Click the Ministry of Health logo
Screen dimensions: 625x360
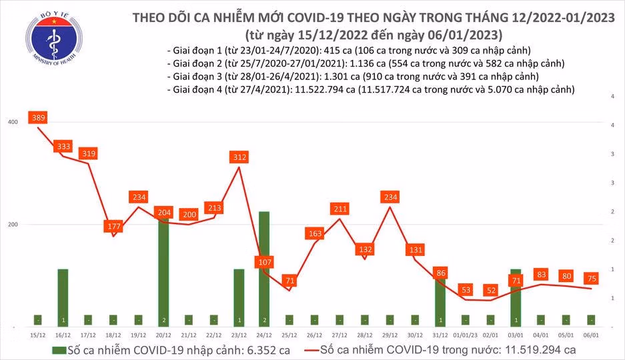53,39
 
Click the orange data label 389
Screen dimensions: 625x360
38,117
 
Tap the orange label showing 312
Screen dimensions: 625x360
239,157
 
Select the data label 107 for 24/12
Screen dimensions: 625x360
265,262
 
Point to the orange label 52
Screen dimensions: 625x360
491,290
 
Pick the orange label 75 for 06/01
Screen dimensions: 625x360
592,278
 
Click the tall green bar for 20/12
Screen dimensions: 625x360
163,272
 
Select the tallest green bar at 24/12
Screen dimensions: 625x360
264,269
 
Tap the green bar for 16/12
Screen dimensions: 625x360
63,298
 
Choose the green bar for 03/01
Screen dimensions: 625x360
516,298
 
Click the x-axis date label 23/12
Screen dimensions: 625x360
239,335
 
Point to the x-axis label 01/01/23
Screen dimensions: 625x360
466,335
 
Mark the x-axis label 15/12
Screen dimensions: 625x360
38,335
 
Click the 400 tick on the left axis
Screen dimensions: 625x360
13,122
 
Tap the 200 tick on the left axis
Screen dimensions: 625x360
13,224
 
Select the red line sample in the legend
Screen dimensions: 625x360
311,351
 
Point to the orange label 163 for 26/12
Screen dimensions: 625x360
315,233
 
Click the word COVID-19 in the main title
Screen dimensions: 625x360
316,17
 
